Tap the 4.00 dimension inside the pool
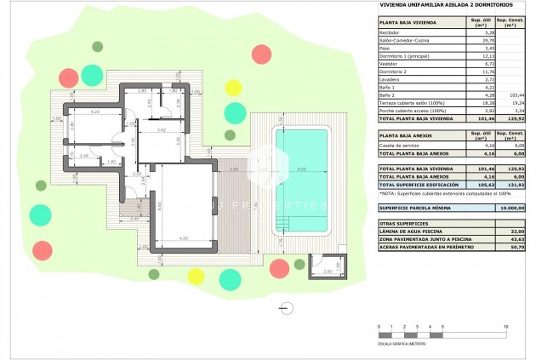(301, 170)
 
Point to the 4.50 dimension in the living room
(183, 238)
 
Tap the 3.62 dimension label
(161, 130)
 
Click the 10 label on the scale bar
(506, 326)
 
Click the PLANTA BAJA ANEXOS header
(410, 135)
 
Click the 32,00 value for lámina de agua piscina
(511, 231)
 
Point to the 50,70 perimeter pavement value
(511, 247)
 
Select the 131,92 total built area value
(510, 185)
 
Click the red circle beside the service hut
(279, 268)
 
